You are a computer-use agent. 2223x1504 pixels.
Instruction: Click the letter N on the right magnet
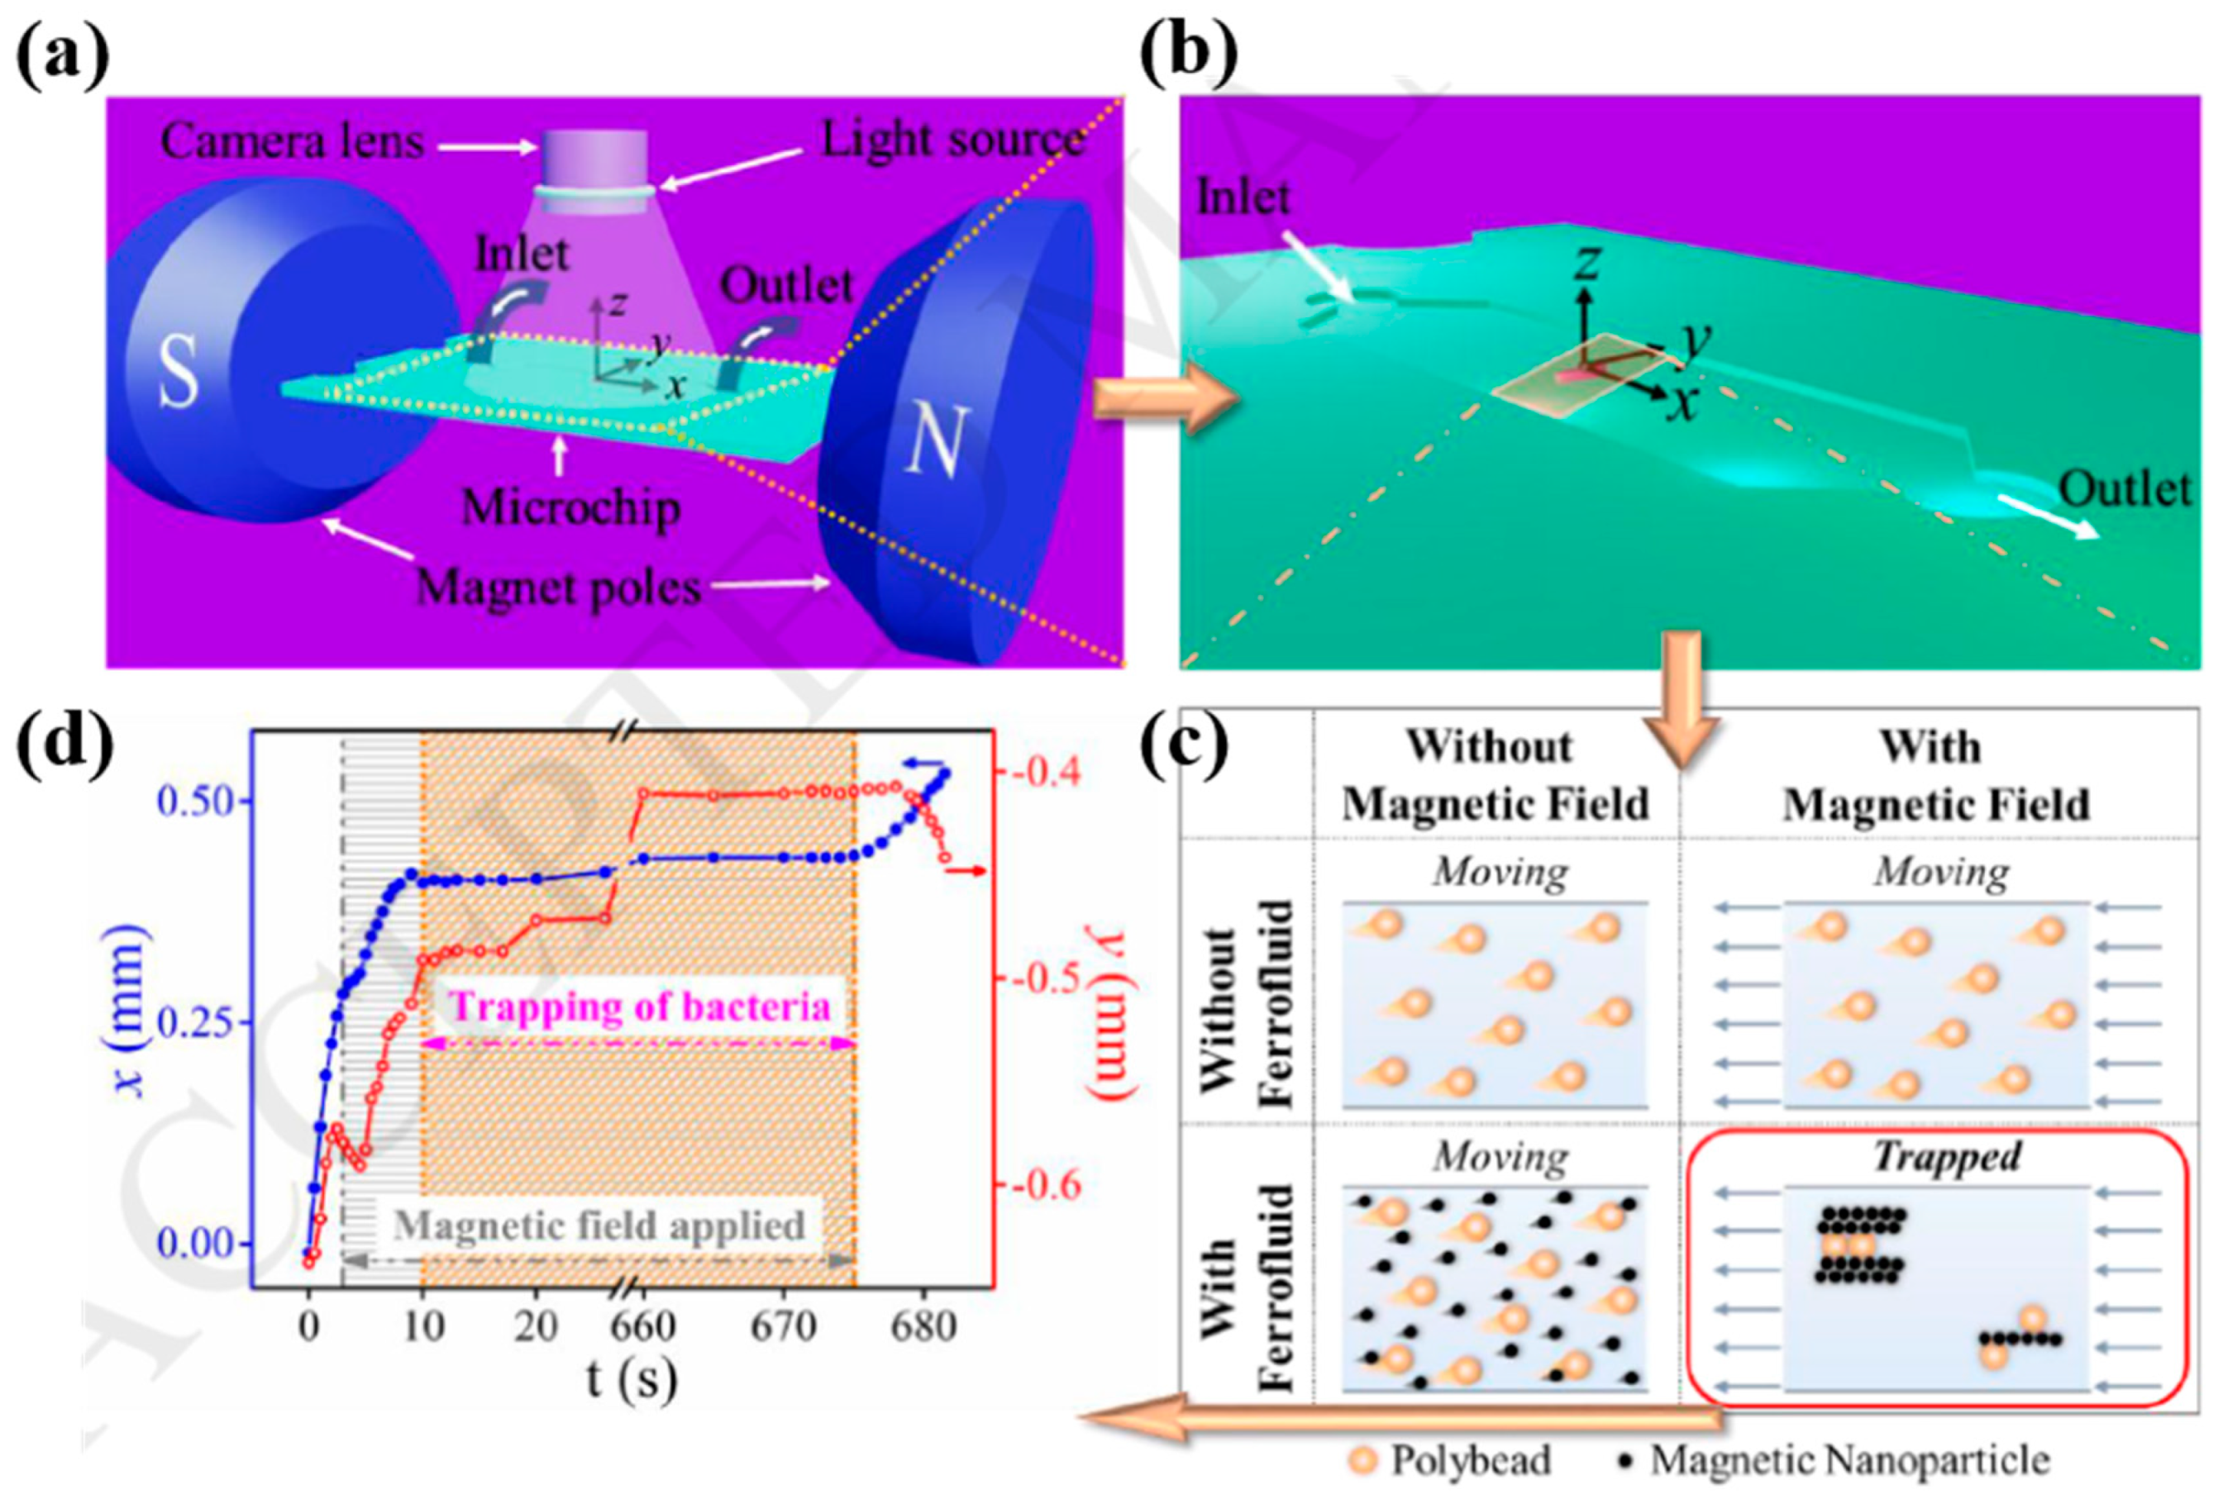pos(933,442)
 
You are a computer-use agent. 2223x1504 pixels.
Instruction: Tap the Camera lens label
pos(292,142)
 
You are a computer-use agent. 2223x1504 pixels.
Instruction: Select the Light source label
pos(952,140)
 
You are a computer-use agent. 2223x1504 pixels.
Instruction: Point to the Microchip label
pos(571,507)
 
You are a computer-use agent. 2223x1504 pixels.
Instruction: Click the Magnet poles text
pos(559,586)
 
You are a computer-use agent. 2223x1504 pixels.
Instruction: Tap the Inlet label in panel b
pos(1243,198)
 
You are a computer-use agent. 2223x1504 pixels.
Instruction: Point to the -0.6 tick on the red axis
pos(1040,1186)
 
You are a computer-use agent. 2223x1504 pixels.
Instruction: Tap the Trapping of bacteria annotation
pos(639,1007)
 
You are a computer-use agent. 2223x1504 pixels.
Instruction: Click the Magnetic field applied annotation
pos(599,1225)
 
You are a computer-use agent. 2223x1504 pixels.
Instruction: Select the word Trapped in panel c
pos(1945,1156)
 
